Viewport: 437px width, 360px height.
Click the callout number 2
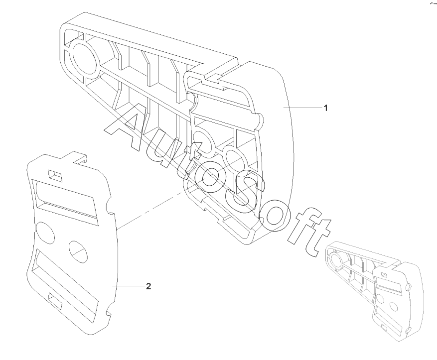[x=148, y=286]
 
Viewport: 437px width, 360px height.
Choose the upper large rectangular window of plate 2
[x=65, y=200]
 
